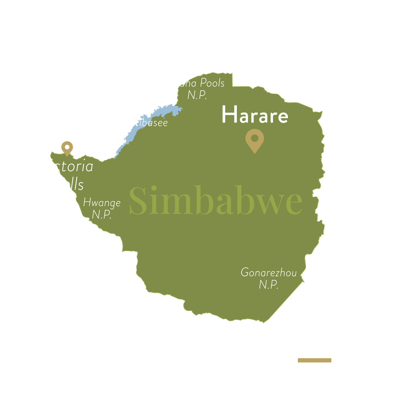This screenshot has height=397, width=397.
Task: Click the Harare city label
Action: coord(254,115)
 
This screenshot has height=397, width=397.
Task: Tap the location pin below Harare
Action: coord(254,141)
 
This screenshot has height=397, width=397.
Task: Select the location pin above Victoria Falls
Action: coord(67,148)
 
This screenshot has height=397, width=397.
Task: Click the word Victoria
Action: coord(66,166)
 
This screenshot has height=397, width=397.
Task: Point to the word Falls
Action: coord(68,184)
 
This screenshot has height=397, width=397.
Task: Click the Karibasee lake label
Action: coord(145,123)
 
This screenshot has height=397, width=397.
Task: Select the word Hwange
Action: coord(102,202)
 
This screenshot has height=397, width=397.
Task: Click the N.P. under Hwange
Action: coord(101,214)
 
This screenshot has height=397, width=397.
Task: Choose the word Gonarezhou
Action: coord(269,273)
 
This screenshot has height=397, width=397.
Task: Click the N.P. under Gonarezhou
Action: coord(268,285)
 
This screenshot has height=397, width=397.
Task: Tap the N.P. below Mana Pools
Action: coord(197,95)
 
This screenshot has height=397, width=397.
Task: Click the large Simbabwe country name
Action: coord(215,200)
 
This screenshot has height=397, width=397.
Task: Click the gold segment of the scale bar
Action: coord(314,360)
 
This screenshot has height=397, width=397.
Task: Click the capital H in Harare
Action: coord(228,115)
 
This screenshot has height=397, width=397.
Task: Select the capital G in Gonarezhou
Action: coord(245,273)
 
